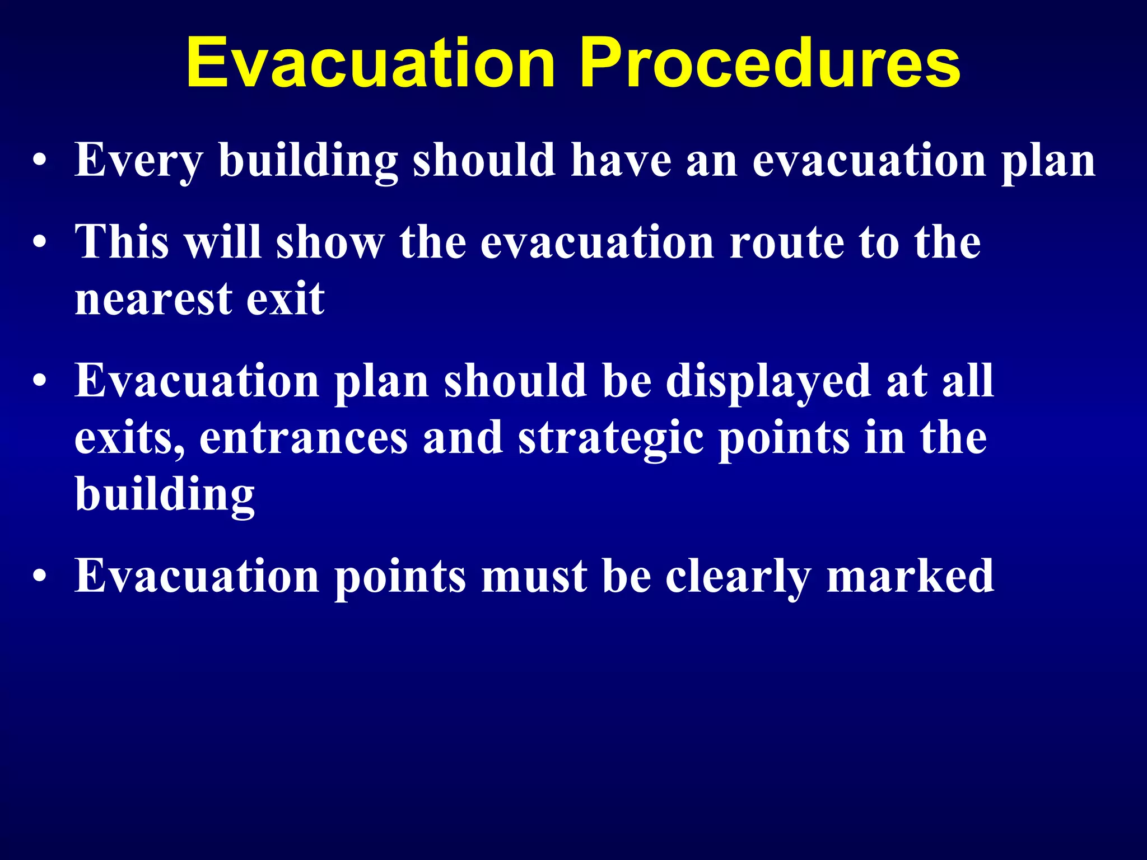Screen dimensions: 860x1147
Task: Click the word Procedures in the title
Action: pyautogui.click(x=770, y=63)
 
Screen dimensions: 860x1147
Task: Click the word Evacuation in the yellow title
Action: pyautogui.click(x=370, y=63)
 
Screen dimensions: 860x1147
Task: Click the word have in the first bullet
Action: pyautogui.click(x=621, y=161)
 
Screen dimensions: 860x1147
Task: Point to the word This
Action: pyautogui.click(x=122, y=242)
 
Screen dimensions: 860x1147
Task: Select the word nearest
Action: pyautogui.click(x=153, y=299)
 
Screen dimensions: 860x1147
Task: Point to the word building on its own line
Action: pyautogui.click(x=165, y=495)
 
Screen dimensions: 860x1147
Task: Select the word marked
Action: pyautogui.click(x=910, y=577)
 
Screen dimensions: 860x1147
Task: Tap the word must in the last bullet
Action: pyautogui.click(x=534, y=577)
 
